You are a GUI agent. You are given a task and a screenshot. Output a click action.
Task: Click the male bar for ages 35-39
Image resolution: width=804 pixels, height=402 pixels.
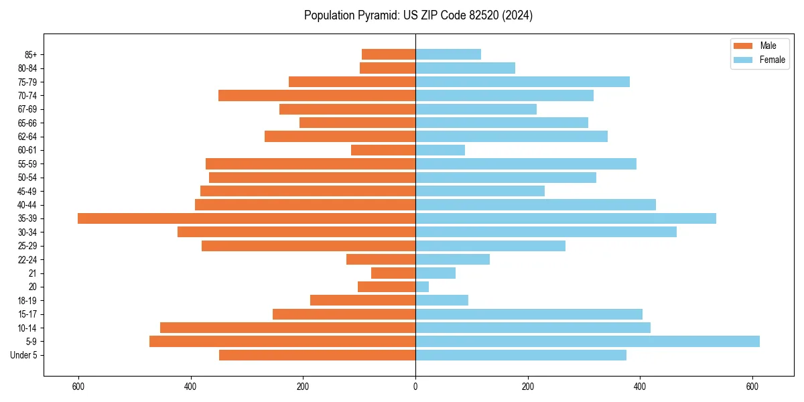click(x=247, y=218)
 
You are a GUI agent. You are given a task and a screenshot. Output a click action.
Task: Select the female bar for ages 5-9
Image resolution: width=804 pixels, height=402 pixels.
click(x=588, y=342)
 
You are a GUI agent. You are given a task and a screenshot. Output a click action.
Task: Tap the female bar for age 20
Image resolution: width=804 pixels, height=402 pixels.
click(x=422, y=287)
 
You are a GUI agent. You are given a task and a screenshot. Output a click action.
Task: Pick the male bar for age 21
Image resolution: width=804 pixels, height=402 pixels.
click(x=393, y=273)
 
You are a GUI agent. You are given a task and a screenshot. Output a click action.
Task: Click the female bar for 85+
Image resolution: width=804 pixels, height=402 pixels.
click(x=448, y=54)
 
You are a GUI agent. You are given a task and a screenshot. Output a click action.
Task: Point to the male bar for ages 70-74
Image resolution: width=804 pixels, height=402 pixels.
click(x=317, y=95)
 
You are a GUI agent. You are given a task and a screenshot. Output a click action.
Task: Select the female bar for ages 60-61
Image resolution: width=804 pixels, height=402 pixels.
click(x=440, y=150)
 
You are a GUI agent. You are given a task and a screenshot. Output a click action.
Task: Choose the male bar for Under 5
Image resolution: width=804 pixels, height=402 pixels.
click(x=317, y=355)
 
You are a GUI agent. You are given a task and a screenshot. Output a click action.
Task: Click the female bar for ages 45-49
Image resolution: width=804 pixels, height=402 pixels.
click(x=480, y=191)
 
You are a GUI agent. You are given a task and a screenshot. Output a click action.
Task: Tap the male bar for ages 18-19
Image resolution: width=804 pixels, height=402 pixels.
click(x=362, y=300)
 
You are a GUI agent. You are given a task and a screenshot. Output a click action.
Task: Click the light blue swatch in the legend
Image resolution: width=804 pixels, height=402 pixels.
click(x=744, y=60)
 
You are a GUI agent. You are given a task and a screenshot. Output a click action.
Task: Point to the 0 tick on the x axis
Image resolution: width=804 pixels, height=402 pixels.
click(x=415, y=387)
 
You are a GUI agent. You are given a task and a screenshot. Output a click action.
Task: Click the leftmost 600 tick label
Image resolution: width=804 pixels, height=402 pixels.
click(x=78, y=387)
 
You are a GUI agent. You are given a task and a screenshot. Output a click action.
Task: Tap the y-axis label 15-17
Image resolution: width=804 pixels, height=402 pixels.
click(x=27, y=314)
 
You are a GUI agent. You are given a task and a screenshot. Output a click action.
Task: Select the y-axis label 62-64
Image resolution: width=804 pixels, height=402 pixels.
click(x=27, y=137)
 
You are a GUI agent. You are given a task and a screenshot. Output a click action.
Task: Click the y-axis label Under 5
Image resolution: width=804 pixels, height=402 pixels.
click(x=24, y=355)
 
